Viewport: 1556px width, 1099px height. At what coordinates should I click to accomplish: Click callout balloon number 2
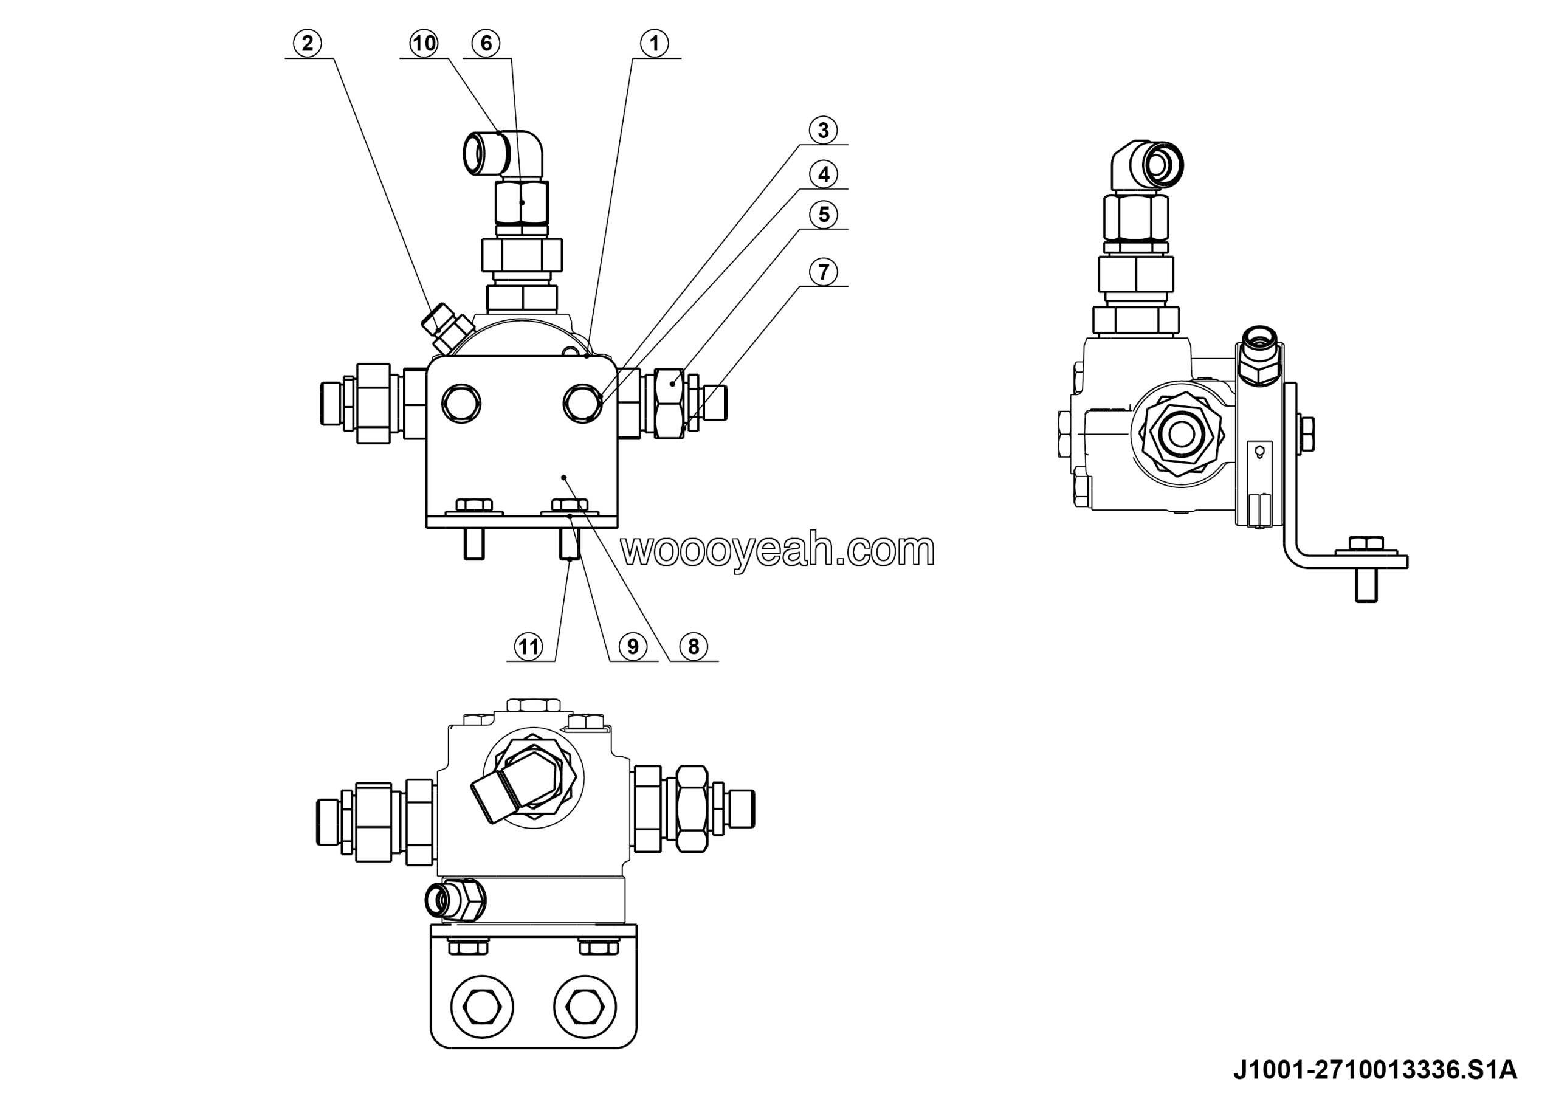point(307,43)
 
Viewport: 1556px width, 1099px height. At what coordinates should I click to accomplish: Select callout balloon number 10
point(424,43)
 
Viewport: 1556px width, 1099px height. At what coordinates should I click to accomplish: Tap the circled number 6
point(486,43)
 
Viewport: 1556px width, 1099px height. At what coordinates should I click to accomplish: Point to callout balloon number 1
point(654,43)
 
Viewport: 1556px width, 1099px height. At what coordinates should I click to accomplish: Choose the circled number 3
point(823,129)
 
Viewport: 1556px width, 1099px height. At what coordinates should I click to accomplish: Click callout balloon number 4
point(823,174)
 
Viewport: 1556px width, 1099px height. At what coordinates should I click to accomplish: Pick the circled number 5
point(823,214)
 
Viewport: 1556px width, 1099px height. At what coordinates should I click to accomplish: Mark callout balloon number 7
point(823,272)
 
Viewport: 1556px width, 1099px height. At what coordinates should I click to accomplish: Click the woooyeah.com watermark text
point(777,550)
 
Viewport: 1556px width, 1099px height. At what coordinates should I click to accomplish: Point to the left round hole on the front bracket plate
point(461,404)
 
